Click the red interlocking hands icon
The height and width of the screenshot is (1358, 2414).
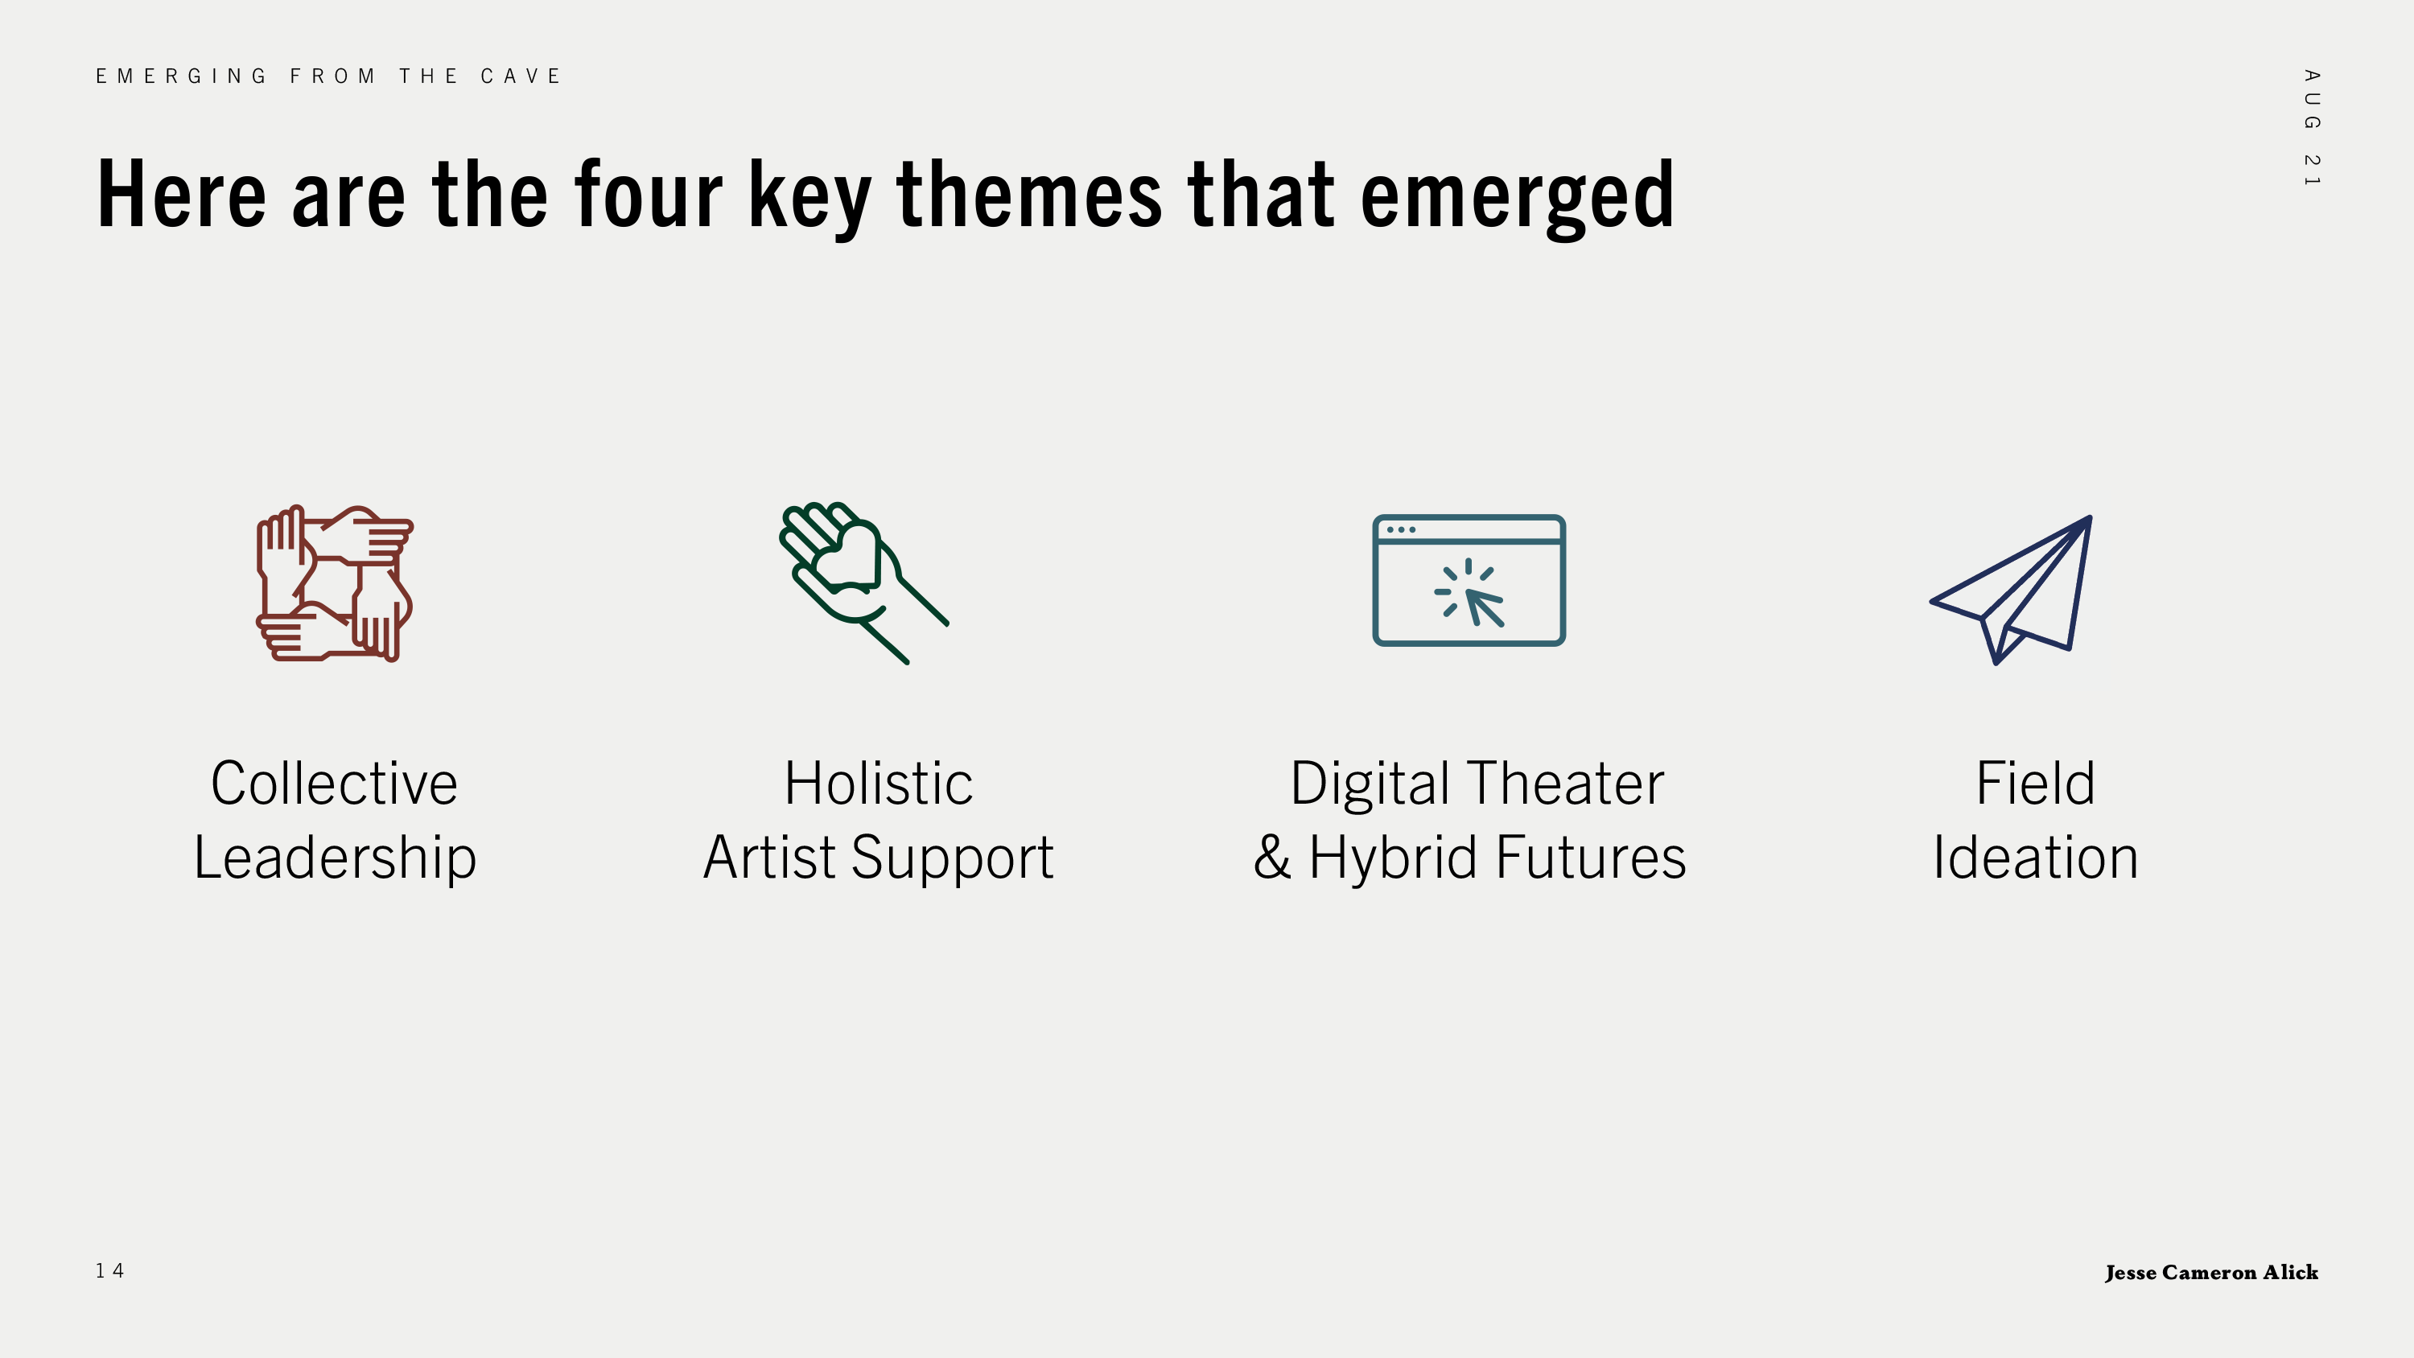pyautogui.click(x=335, y=583)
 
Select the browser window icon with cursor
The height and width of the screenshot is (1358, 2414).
pyautogui.click(x=1469, y=580)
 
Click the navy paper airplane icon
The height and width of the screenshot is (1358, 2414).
pyautogui.click(x=2011, y=590)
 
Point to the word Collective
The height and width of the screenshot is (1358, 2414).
pyautogui.click(x=335, y=783)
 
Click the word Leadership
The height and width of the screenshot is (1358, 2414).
pyautogui.click(x=335, y=858)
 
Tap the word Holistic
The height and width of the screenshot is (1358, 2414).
pyautogui.click(x=879, y=783)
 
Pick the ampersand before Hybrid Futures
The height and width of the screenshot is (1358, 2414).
pyautogui.click(x=1271, y=857)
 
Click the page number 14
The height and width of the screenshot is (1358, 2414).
pyautogui.click(x=109, y=1271)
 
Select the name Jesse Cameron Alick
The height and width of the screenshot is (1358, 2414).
pyautogui.click(x=2211, y=1272)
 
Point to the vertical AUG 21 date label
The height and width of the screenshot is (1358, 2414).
pyautogui.click(x=2312, y=127)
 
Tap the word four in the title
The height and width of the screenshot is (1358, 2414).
pyautogui.click(x=649, y=194)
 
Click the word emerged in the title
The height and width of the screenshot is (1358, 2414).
pyautogui.click(x=1517, y=197)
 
